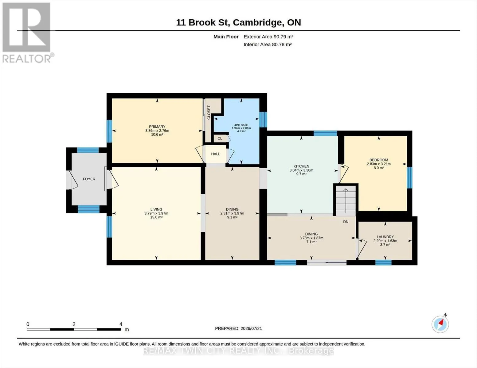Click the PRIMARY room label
pyautogui.click(x=157, y=127)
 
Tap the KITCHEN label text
pyautogui.click(x=301, y=166)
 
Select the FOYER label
pyautogui.click(x=89, y=179)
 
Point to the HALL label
pyautogui.click(x=216, y=154)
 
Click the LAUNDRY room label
pyautogui.click(x=385, y=237)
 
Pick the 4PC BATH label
pyautogui.click(x=241, y=125)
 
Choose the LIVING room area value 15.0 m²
pyautogui.click(x=156, y=217)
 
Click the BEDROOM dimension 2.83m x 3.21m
pyautogui.click(x=379, y=164)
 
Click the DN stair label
pyautogui.click(x=346, y=222)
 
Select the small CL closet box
pyautogui.click(x=221, y=139)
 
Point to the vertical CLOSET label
pyautogui.click(x=209, y=113)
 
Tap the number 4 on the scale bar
pyautogui.click(x=121, y=324)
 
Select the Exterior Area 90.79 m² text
pyautogui.click(x=268, y=37)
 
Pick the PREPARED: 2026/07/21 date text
pyautogui.click(x=238, y=328)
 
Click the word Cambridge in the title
pyautogui.click(x=258, y=23)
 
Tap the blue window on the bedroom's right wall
pyautogui.click(x=409, y=178)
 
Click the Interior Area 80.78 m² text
pyautogui.click(x=268, y=45)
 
